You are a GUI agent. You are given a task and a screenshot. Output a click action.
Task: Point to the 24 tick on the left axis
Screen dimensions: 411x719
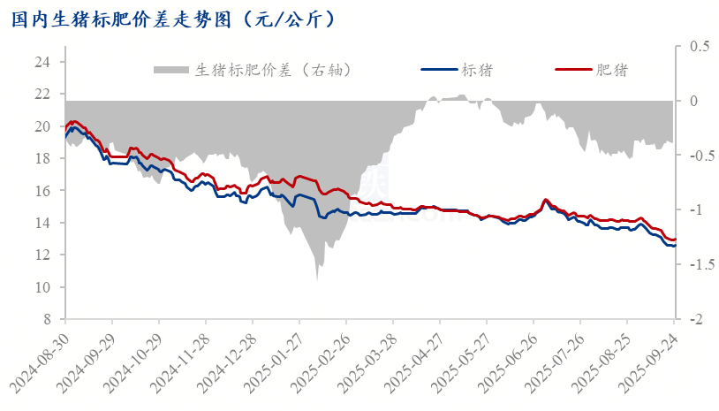pyautogui.click(x=42, y=62)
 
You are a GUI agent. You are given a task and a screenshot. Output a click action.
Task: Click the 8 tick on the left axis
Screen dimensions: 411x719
pyautogui.click(x=46, y=319)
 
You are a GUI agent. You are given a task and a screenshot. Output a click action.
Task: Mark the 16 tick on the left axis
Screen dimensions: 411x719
pyautogui.click(x=42, y=191)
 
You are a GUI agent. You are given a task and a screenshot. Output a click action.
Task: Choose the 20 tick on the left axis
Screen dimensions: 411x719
pyautogui.click(x=42, y=126)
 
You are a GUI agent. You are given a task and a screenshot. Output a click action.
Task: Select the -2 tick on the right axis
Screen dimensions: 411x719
pyautogui.click(x=697, y=319)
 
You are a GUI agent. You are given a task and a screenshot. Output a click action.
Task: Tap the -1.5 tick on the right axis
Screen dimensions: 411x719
pyautogui.click(x=699, y=264)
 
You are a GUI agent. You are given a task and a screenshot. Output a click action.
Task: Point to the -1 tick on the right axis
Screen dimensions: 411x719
pyautogui.click(x=697, y=209)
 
